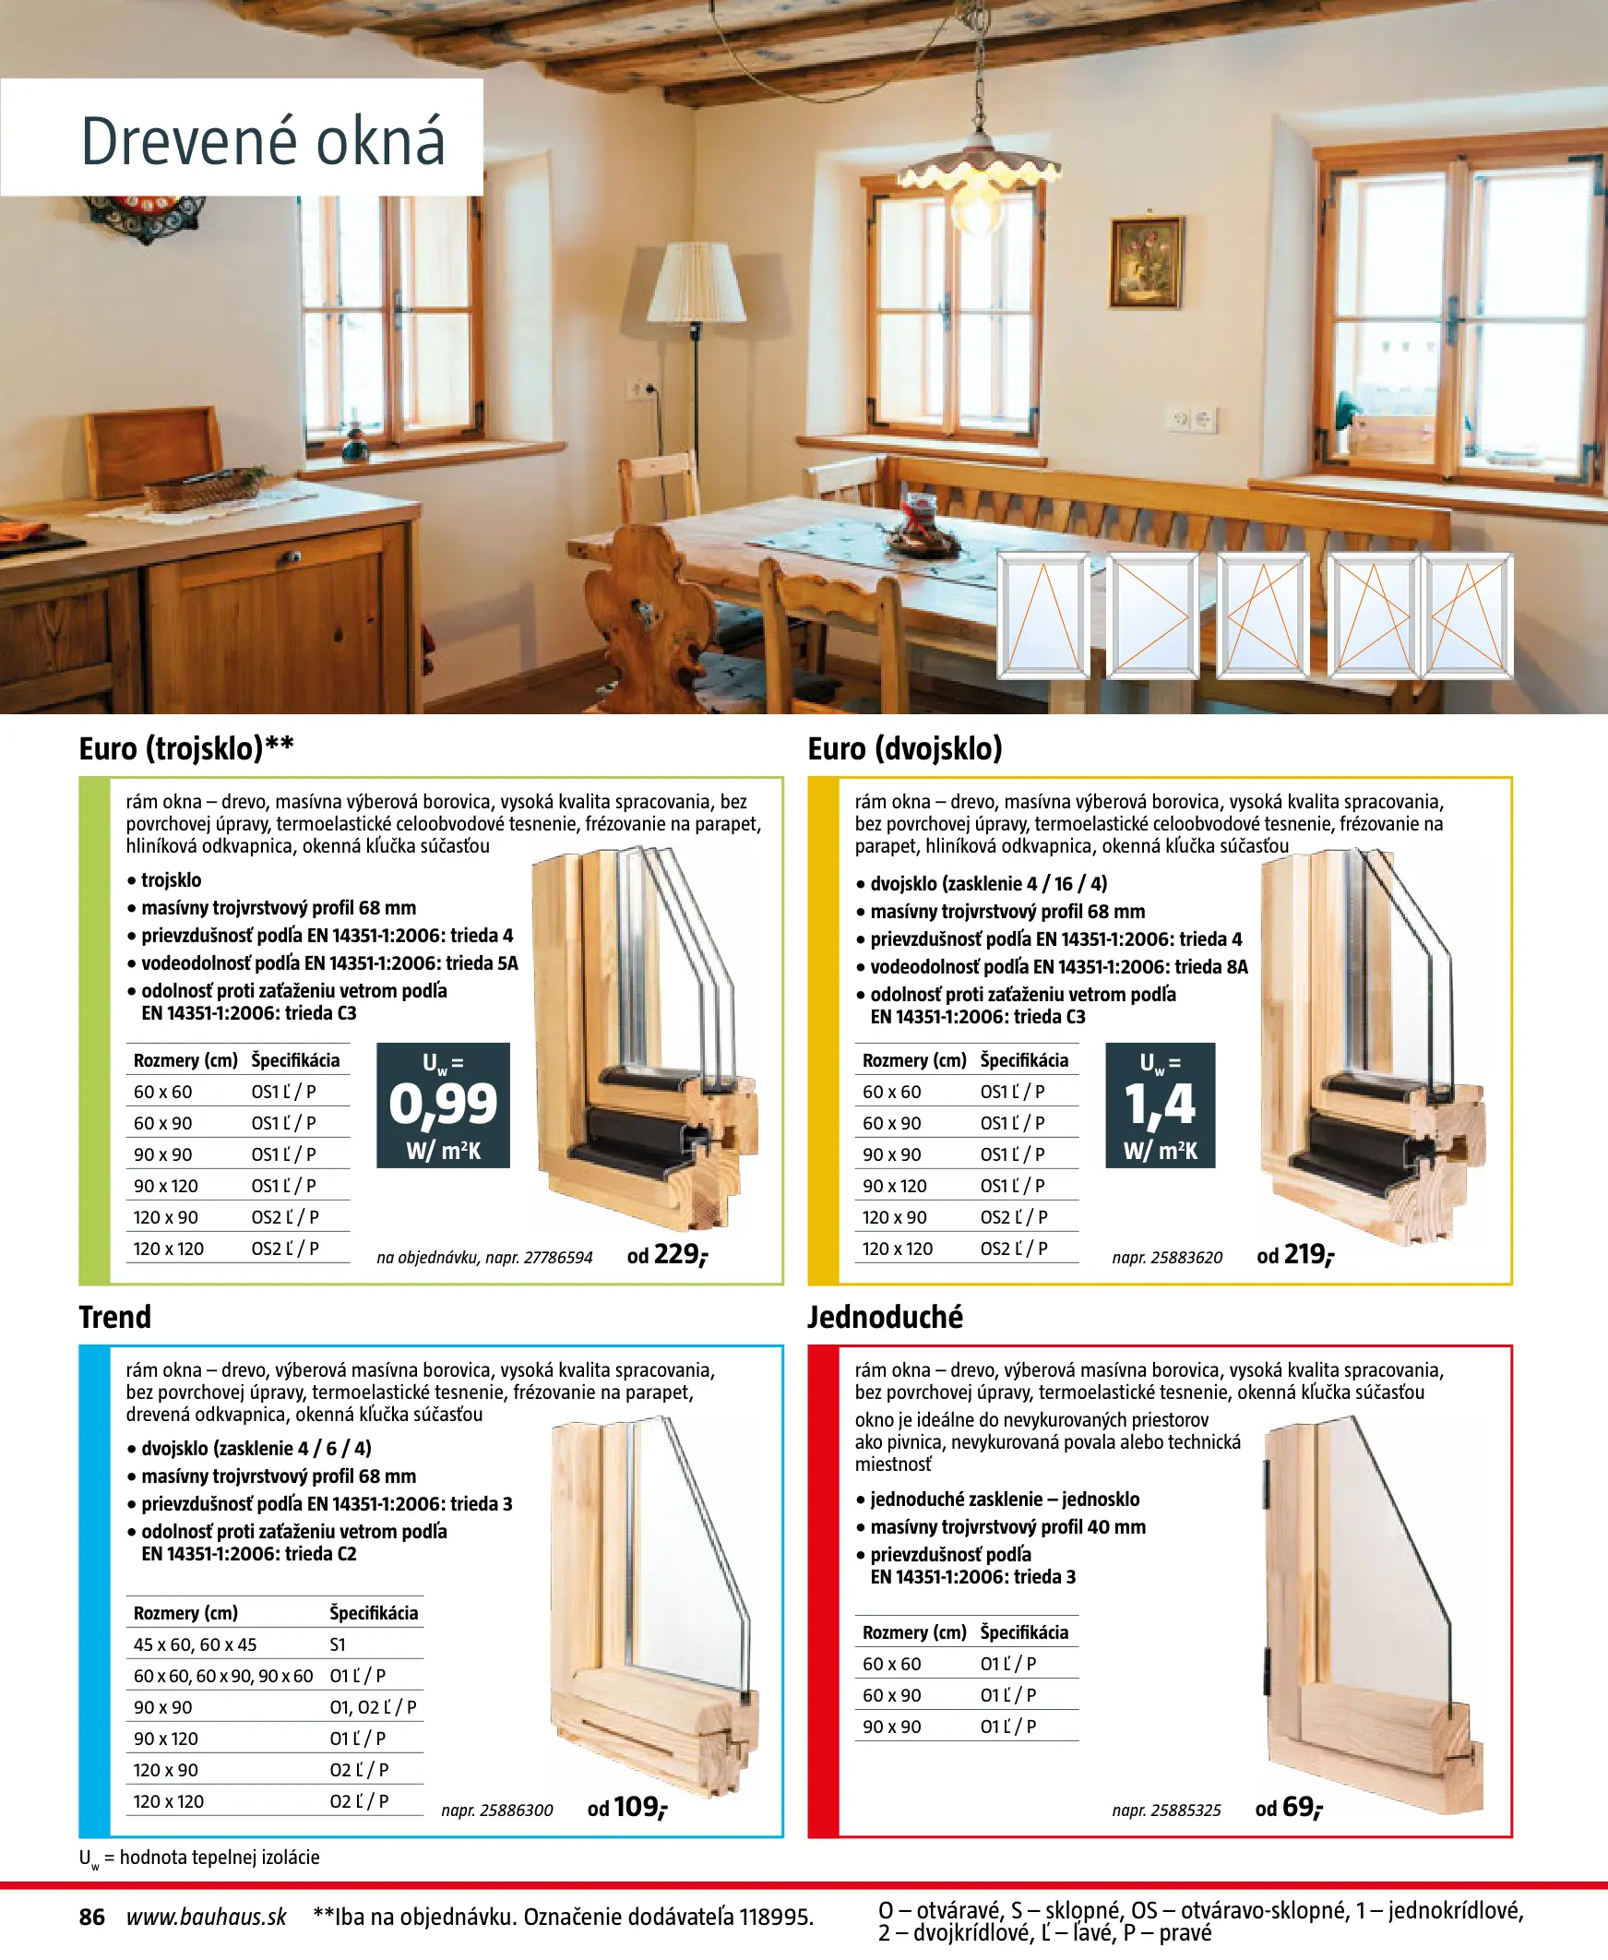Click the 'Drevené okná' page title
click(262, 142)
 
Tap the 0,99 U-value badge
click(443, 1105)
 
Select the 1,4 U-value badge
click(1160, 1105)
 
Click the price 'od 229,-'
click(667, 1255)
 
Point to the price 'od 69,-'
click(1289, 1807)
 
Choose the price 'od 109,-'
click(627, 1807)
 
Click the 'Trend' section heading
click(114, 1316)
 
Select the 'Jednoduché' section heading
click(885, 1316)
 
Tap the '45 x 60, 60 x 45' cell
click(196, 1644)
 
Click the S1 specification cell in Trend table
click(338, 1644)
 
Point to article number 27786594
click(557, 1257)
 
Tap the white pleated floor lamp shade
click(696, 282)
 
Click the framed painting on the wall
click(1147, 262)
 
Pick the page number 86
click(91, 1917)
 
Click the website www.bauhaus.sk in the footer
click(207, 1917)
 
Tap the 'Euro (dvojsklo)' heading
click(905, 748)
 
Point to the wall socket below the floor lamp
click(641, 388)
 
